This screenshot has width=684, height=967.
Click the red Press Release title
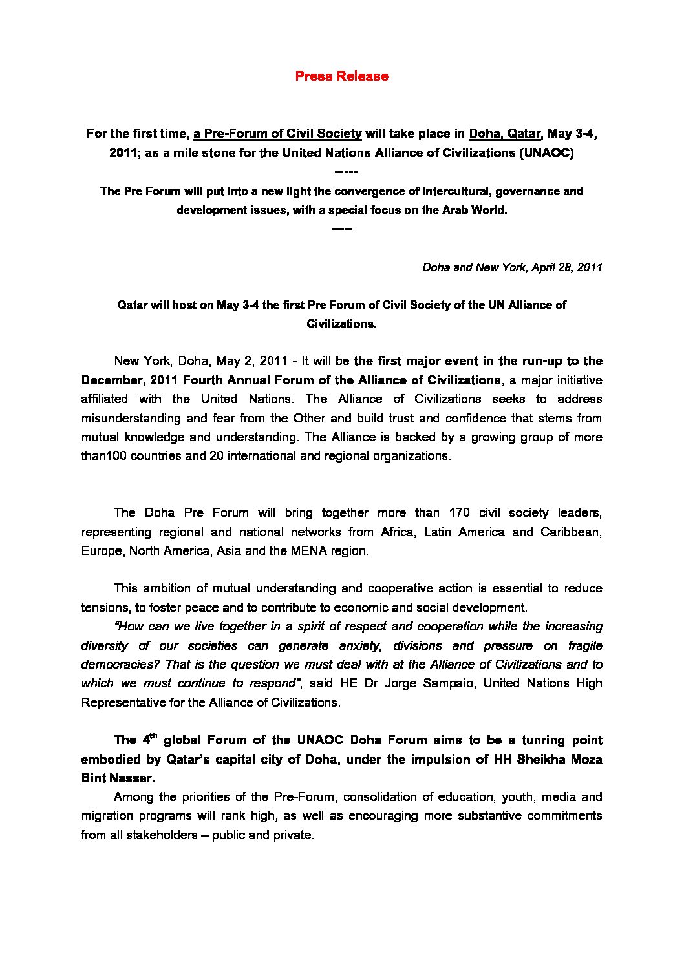(341, 76)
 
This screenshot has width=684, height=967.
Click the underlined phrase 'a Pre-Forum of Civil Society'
(277, 134)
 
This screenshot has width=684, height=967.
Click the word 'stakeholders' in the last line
(162, 835)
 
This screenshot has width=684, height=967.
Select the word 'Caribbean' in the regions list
(571, 532)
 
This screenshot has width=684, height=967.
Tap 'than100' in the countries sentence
(103, 456)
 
